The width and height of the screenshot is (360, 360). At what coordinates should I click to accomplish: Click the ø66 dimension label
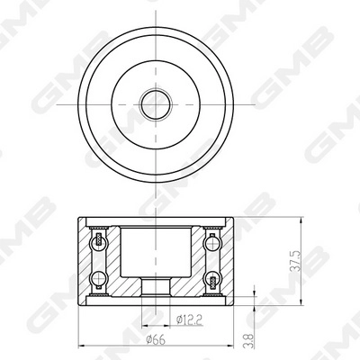coord(156,340)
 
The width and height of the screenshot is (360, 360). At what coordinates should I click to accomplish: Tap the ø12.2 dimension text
coord(189,320)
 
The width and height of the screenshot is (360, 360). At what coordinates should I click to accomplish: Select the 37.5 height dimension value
coord(296,261)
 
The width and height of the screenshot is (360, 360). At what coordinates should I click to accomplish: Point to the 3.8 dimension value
coord(249,341)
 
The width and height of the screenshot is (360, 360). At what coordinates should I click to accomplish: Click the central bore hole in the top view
coord(156,104)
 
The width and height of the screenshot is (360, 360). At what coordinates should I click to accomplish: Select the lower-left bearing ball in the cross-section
coord(99,278)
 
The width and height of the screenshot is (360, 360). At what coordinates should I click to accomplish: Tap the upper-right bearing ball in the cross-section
coord(212,242)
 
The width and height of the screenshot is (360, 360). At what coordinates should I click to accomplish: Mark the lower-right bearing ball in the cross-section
coord(212,278)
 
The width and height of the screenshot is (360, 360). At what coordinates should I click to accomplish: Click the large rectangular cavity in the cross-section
coord(156,252)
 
